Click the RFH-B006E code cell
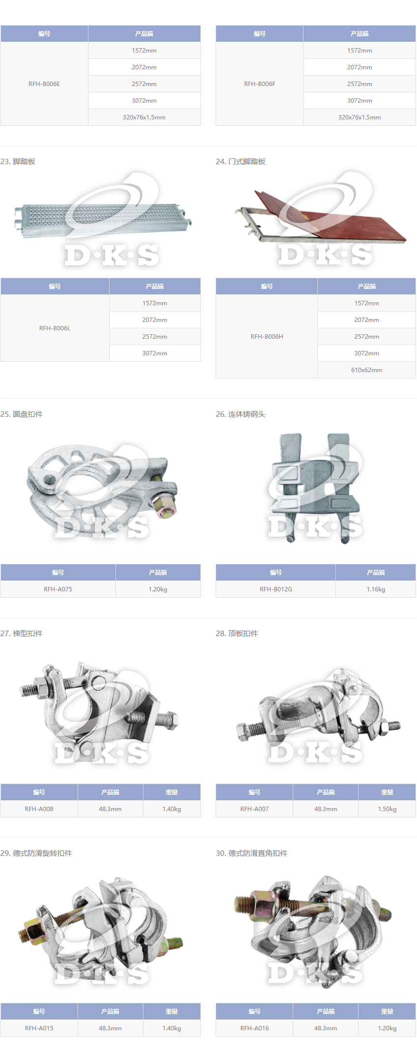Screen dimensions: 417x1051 coord(44,84)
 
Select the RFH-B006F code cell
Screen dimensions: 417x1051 coord(259,84)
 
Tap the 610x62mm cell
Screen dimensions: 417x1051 coord(366,370)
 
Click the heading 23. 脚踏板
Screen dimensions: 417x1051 coord(18,162)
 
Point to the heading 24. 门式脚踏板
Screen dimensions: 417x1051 coord(241,162)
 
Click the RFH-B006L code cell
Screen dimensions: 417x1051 coord(55,328)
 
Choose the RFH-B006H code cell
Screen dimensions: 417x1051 coord(267,337)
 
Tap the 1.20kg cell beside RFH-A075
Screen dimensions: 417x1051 coord(158,589)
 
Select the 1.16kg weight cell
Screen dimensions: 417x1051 coord(376,589)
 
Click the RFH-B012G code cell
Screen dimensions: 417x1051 coord(276,589)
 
